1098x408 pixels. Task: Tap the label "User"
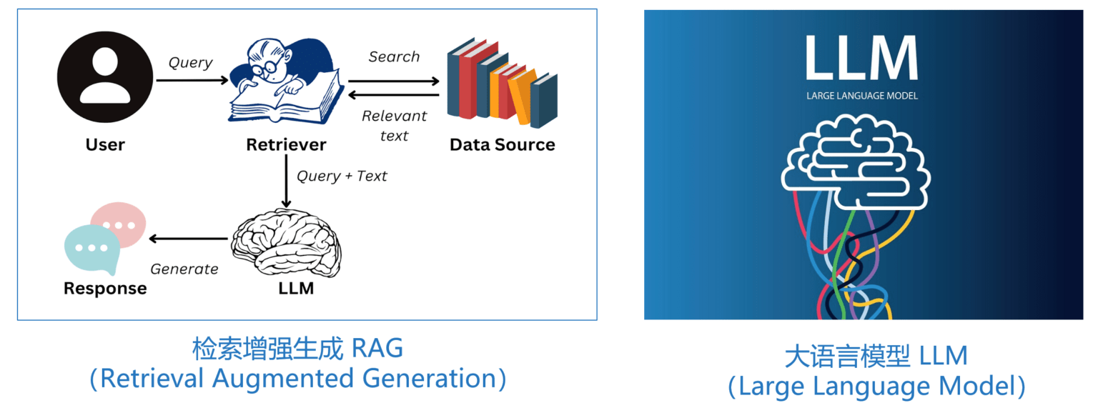tap(105, 145)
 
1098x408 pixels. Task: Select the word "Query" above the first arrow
tap(190, 62)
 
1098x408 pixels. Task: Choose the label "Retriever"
tap(286, 145)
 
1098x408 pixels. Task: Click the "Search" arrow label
tap(394, 56)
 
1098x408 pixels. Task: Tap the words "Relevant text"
tap(394, 125)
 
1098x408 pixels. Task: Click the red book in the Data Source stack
tap(468, 80)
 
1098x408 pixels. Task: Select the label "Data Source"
tap(502, 145)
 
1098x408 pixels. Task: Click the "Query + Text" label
tap(342, 176)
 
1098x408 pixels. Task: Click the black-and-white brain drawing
tap(286, 242)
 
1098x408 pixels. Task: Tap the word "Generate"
tap(184, 269)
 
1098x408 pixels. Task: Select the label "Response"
tap(105, 289)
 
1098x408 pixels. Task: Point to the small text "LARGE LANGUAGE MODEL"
tap(861, 96)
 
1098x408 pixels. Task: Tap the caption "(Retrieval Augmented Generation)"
tap(297, 378)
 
